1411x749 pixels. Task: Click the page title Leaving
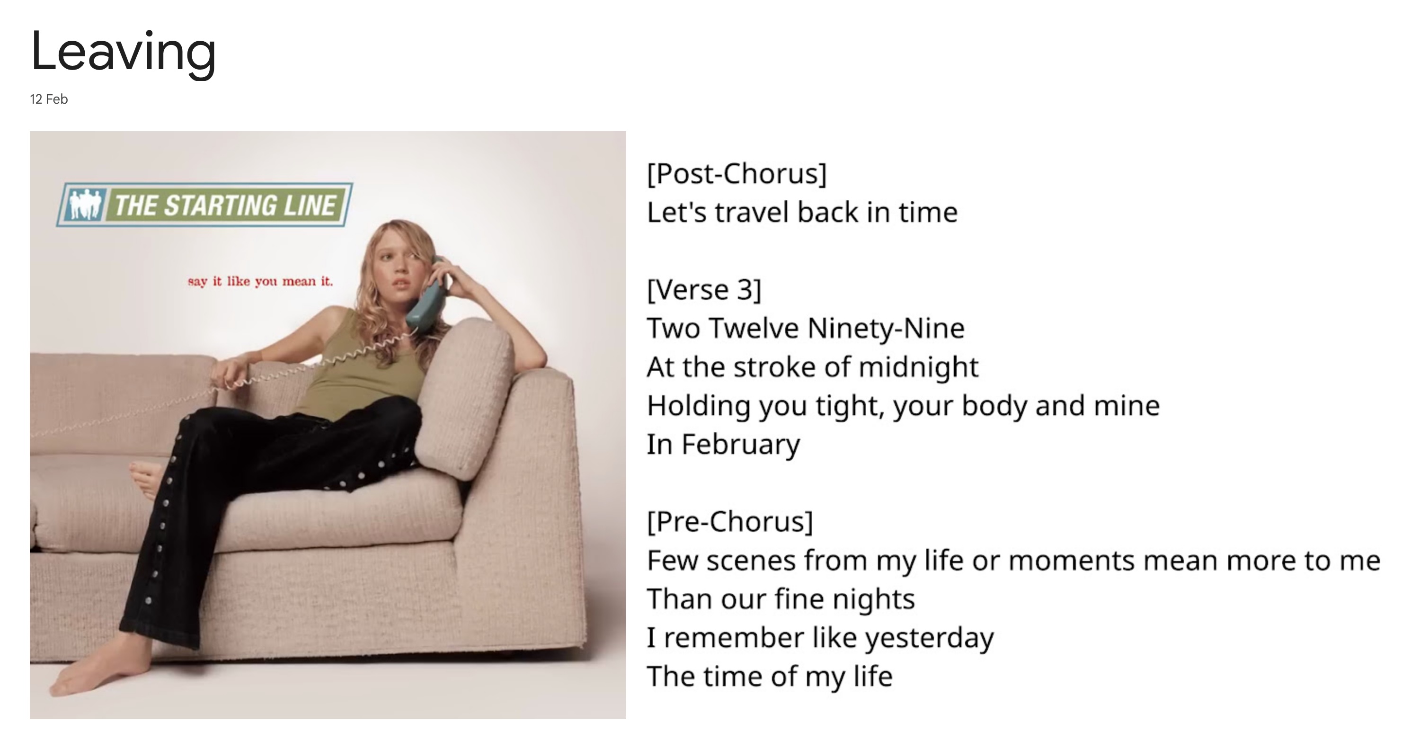(123, 53)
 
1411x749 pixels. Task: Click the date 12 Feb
(49, 99)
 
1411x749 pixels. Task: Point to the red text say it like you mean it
(260, 281)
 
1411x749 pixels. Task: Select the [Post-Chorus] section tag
(737, 174)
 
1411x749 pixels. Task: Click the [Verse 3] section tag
(704, 289)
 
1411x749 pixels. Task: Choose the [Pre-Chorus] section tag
(729, 521)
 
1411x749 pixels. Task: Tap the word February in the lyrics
(741, 445)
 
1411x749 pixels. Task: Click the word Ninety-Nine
(886, 328)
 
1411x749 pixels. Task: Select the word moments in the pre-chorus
(1072, 561)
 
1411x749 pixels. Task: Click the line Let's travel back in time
(802, 212)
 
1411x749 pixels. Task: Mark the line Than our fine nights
(781, 599)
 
